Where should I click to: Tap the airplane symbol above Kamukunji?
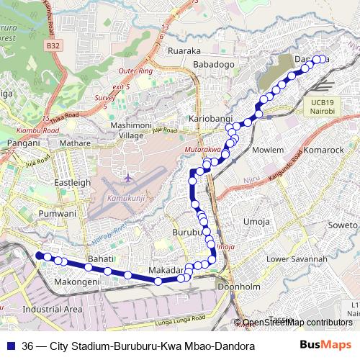(128, 177)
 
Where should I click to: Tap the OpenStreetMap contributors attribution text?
(297, 323)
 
